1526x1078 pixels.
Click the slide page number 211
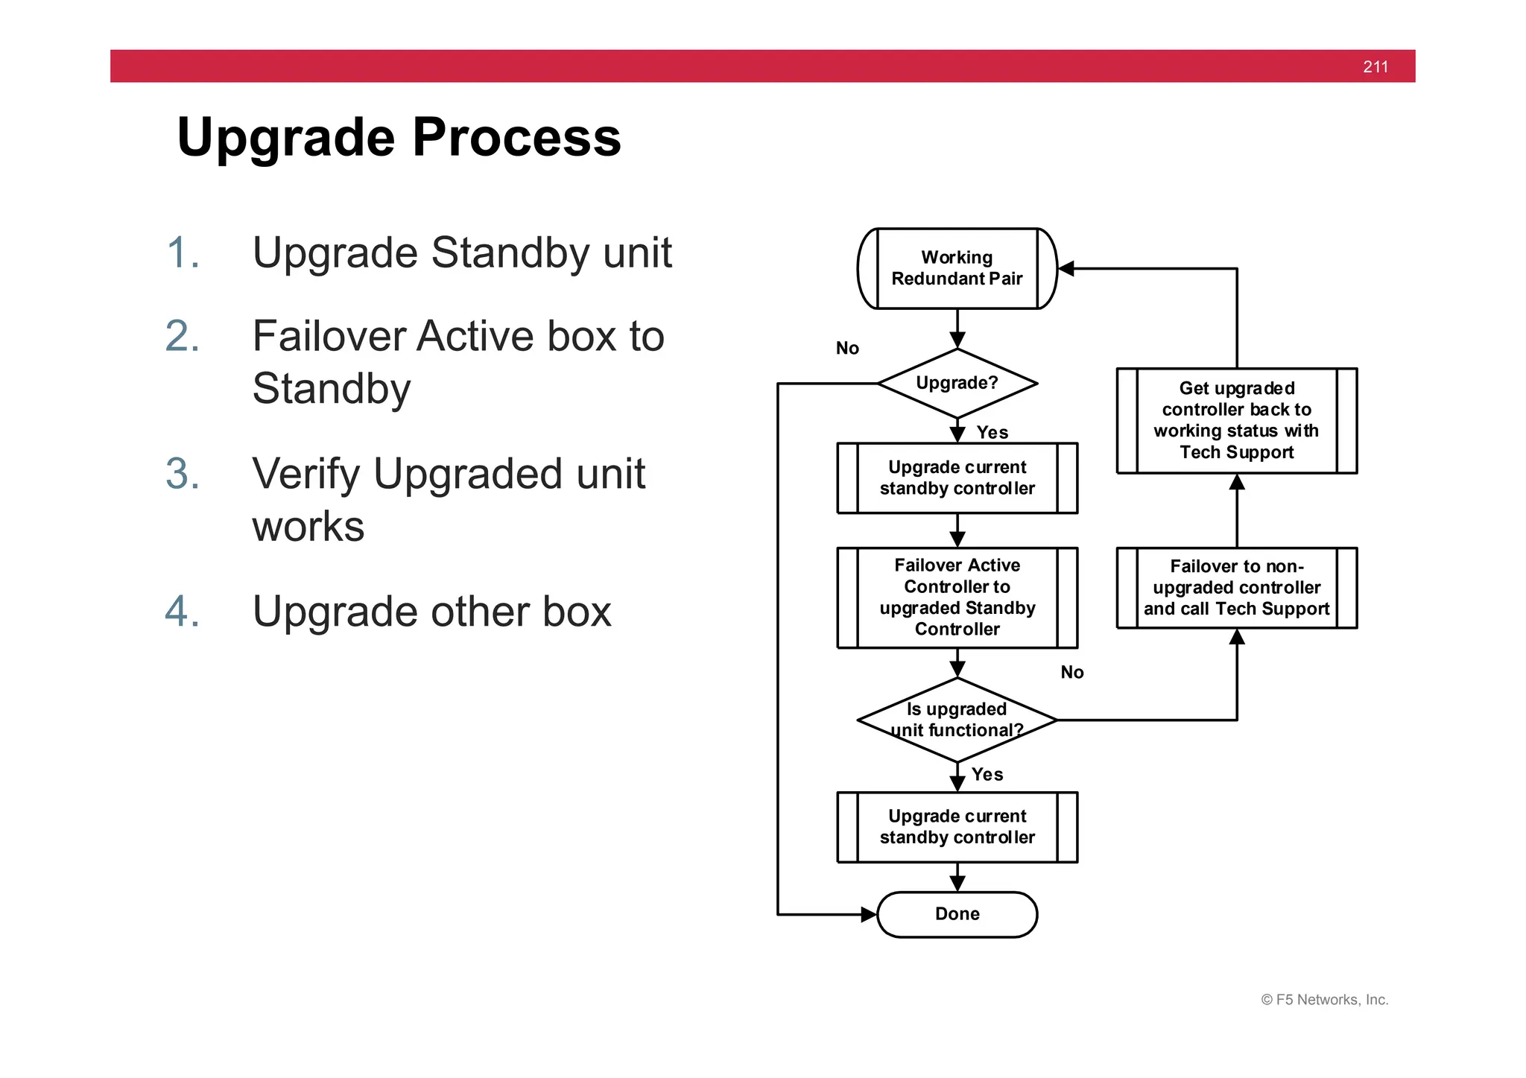pyautogui.click(x=1375, y=67)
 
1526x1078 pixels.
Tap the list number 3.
pyautogui.click(x=183, y=474)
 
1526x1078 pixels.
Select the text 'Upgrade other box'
pyautogui.click(x=431, y=612)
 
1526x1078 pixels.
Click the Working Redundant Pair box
pyautogui.click(x=957, y=268)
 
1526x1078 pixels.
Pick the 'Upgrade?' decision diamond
pyautogui.click(x=957, y=383)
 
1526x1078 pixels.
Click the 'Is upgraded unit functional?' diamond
pyautogui.click(x=957, y=720)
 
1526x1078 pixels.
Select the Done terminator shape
pyautogui.click(x=957, y=914)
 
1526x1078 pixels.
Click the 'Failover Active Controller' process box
pyautogui.click(x=957, y=597)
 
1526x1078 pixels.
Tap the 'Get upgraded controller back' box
pyautogui.click(x=1236, y=420)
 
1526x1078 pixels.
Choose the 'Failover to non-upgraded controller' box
pyautogui.click(x=1236, y=588)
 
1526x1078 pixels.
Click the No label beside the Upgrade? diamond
pyautogui.click(x=847, y=349)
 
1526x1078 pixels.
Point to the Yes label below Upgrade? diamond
pyautogui.click(x=992, y=433)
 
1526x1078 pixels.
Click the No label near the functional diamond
pyautogui.click(x=1071, y=673)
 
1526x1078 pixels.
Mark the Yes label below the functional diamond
pyautogui.click(x=987, y=775)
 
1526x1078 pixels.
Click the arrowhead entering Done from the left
pyautogui.click(x=869, y=914)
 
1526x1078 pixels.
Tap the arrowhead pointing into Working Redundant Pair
pyautogui.click(x=1066, y=268)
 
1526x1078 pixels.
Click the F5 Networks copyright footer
pyautogui.click(x=1324, y=1000)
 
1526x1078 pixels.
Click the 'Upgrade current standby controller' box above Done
pyautogui.click(x=957, y=827)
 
